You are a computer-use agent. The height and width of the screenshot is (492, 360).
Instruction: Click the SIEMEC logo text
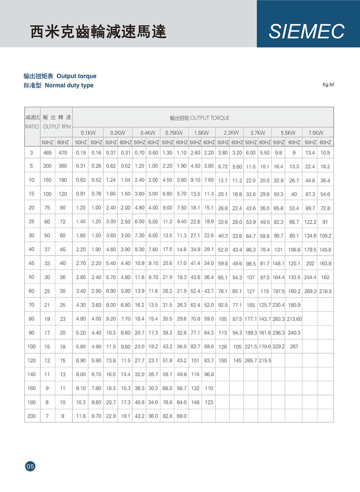point(306,32)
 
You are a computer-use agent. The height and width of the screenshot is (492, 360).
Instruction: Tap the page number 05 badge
point(30,466)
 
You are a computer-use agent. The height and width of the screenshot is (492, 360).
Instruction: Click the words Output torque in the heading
point(76,76)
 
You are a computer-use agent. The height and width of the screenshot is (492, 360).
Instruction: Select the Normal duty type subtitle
point(69,85)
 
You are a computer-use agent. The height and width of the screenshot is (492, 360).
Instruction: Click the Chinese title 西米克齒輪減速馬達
point(98,32)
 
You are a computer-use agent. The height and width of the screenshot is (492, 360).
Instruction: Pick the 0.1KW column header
point(88,133)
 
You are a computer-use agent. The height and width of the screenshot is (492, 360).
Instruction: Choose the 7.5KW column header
point(316,133)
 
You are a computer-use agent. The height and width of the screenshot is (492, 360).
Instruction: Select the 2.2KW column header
point(231,133)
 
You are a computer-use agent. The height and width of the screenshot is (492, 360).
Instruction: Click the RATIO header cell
point(32,126)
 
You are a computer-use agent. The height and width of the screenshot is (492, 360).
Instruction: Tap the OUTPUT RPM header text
point(57,126)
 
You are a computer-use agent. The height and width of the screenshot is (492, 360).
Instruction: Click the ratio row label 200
point(32,416)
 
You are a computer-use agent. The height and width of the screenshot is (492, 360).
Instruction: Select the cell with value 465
point(48,152)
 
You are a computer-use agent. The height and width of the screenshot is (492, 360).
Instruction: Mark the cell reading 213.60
point(294,319)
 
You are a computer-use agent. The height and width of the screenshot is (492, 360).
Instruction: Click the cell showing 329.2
point(278,347)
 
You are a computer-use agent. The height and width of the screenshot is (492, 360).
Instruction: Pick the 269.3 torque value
point(310,292)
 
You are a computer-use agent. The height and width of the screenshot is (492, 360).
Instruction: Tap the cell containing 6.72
point(223,166)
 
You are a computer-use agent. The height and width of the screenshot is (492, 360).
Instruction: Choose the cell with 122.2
point(310,222)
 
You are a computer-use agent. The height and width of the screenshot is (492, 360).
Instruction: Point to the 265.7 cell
point(251,361)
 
